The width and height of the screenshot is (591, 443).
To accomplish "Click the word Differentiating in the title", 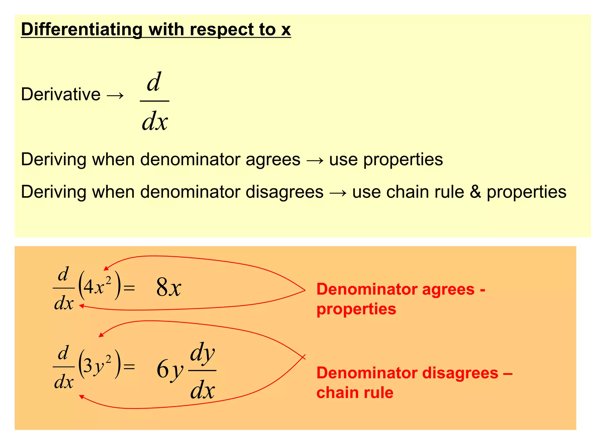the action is point(82,30).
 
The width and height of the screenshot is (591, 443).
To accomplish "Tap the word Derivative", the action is point(61,94).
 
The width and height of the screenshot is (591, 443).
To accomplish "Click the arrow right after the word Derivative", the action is point(115,95).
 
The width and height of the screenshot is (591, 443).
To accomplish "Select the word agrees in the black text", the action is point(273,159).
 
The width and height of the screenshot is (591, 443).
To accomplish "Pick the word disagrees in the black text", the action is point(284,192).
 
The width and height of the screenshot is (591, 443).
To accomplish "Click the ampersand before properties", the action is point(475,192).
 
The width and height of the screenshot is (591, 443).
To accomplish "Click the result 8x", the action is point(169,288).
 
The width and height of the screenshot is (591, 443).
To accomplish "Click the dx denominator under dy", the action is point(202,390).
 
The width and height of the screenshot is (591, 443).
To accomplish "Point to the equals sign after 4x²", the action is point(129,288).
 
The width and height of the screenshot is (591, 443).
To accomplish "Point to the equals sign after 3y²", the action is point(129,367).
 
